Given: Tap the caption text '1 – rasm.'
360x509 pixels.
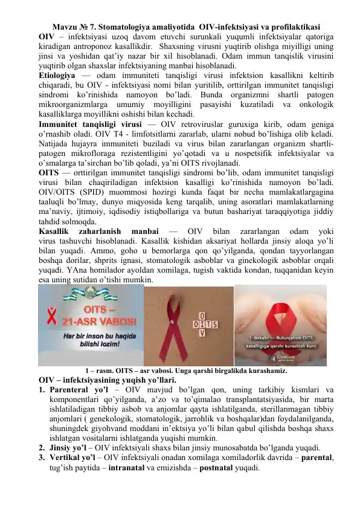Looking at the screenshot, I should pyautogui.click(x=100, y=372).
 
